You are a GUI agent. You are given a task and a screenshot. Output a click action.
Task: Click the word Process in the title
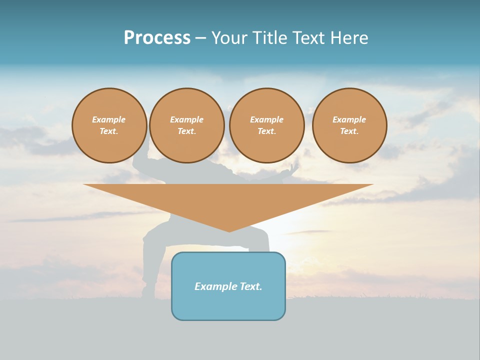click(157, 38)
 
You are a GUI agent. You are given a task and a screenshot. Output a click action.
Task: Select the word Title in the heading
click(272, 38)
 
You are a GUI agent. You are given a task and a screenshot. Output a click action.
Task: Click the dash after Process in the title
click(200, 39)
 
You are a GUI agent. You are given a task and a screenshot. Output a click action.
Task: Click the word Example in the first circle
click(109, 119)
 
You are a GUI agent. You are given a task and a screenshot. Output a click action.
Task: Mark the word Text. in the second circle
click(186, 131)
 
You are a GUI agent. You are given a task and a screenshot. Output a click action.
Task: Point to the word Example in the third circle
click(266, 119)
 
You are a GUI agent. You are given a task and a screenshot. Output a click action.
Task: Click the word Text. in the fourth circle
click(349, 131)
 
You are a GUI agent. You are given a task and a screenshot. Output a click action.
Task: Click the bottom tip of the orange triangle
click(229, 230)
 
